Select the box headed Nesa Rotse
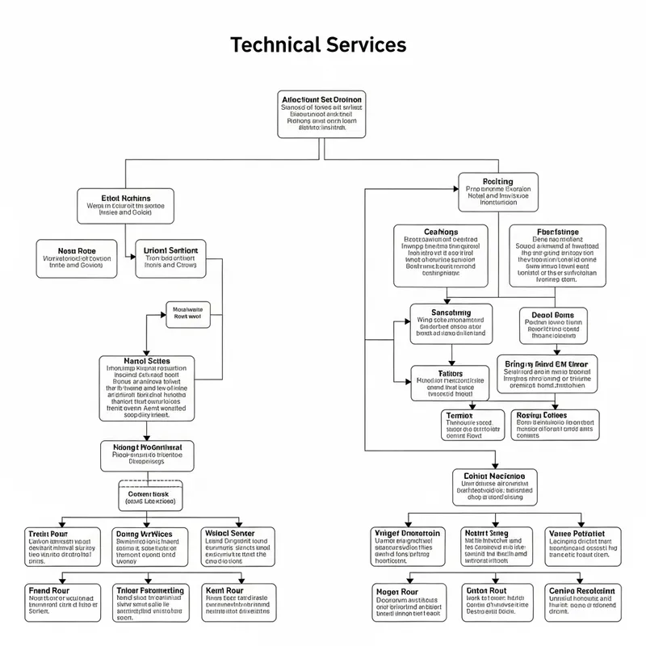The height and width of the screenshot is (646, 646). click(x=76, y=258)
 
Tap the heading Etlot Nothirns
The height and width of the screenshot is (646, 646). click(x=125, y=197)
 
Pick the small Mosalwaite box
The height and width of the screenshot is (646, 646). click(x=187, y=313)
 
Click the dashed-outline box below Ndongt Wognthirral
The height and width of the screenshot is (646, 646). click(x=150, y=496)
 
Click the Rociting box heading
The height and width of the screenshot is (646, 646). click(x=497, y=182)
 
